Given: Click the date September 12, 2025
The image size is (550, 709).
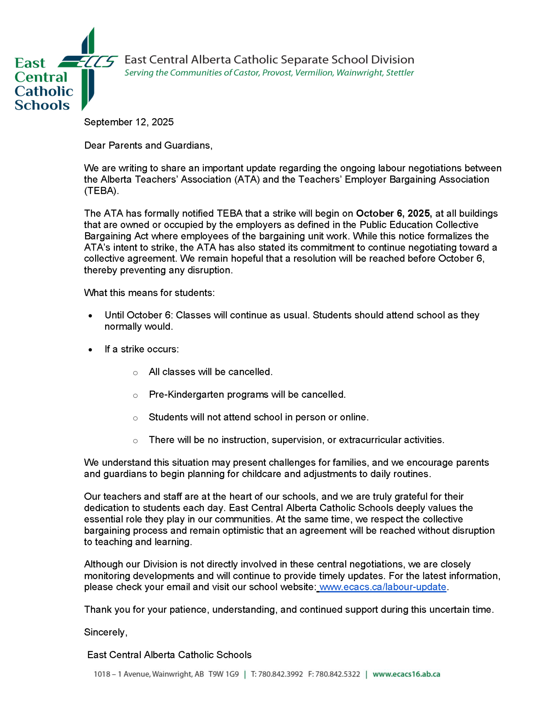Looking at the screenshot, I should pyautogui.click(x=129, y=122).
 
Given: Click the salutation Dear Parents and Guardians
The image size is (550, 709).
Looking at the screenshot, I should pyautogui.click(x=148, y=145).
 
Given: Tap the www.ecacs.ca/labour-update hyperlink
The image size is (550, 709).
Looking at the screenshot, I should pyautogui.click(x=383, y=587).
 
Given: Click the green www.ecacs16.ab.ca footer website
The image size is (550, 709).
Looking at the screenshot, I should pyautogui.click(x=406, y=674).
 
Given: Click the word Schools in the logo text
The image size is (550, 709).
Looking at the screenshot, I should pyautogui.click(x=42, y=105).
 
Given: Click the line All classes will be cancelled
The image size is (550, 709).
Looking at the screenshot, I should pyautogui.click(x=210, y=372).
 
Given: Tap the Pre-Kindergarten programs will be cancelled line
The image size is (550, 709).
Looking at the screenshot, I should pyautogui.click(x=247, y=395).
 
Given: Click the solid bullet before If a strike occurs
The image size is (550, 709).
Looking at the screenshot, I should pyautogui.click(x=90, y=350).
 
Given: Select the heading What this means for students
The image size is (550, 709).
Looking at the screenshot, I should pyautogui.click(x=149, y=293).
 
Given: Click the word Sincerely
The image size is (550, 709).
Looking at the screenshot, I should pyautogui.click(x=106, y=632).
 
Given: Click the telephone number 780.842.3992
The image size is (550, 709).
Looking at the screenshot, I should pyautogui.click(x=280, y=674).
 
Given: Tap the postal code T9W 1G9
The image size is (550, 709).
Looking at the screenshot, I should pyautogui.click(x=223, y=674).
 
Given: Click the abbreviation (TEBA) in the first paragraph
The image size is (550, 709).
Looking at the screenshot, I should pyautogui.click(x=101, y=191).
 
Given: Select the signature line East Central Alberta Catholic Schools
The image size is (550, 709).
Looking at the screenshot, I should pyautogui.click(x=169, y=655).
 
